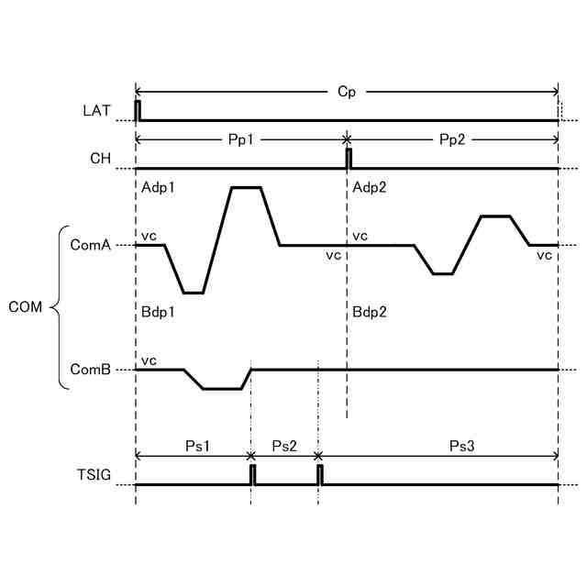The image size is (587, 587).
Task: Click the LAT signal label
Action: coord(95,111)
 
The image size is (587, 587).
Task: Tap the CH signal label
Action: coord(100,159)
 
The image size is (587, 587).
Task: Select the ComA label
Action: coord(91,245)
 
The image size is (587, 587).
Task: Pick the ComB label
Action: coord(91,370)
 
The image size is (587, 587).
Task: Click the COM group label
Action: coord(26,306)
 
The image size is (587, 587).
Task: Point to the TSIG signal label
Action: coord(94,476)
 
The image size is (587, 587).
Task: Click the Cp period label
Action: coord(347,92)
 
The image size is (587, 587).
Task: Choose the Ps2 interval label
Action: coord(285,446)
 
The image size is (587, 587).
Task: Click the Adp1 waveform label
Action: coord(159,187)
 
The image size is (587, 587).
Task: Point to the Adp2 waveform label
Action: coord(370,187)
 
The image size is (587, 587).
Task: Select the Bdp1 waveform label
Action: coord(159,312)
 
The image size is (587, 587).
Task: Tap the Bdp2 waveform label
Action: coord(370,312)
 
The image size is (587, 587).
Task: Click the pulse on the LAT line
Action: coord(138,110)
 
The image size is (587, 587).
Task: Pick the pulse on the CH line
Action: coord(349,158)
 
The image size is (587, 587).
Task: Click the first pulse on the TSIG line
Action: coord(253,474)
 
